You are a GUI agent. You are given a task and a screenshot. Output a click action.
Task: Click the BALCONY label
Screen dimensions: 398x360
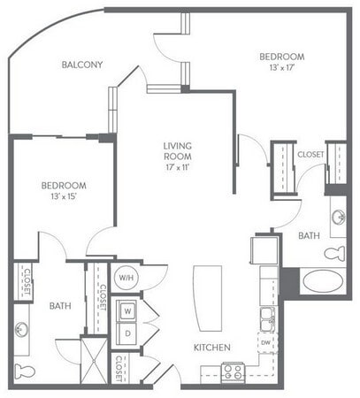pos(83,65)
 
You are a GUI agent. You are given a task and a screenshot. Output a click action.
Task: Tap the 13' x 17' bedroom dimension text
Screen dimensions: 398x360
pos(283,65)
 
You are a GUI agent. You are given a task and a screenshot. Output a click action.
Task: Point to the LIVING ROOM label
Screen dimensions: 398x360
pos(178,151)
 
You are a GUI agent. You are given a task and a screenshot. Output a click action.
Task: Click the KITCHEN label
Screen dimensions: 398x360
pos(212,347)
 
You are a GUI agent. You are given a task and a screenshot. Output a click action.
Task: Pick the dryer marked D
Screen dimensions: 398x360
pos(127,333)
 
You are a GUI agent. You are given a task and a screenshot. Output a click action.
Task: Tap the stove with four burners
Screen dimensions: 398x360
pos(234,371)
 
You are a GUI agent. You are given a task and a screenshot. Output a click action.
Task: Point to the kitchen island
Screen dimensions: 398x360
pos(207,295)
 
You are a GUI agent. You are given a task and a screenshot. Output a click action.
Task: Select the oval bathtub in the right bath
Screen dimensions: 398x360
pos(319,283)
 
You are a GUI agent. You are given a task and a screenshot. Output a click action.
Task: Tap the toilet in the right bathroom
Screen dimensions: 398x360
pos(334,253)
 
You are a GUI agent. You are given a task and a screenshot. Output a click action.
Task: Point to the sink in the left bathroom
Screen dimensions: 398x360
pos(21,328)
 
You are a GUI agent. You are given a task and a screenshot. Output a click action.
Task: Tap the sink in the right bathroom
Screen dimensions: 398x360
pos(337,216)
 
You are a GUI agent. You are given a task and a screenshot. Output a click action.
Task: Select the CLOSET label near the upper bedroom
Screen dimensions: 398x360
pos(310,154)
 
